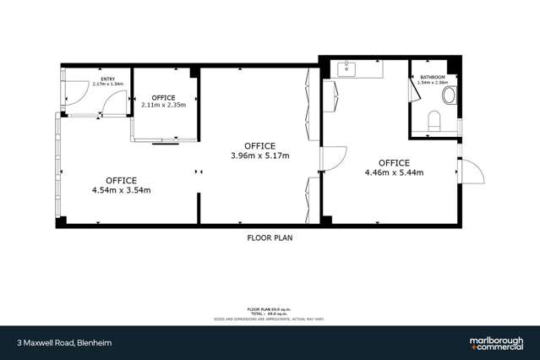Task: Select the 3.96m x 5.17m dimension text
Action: pos(259,155)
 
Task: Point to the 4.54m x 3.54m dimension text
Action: pos(122,189)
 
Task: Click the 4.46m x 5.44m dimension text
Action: pos(394,172)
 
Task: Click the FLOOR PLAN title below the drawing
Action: pos(270,238)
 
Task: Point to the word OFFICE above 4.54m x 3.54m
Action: pos(122,179)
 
